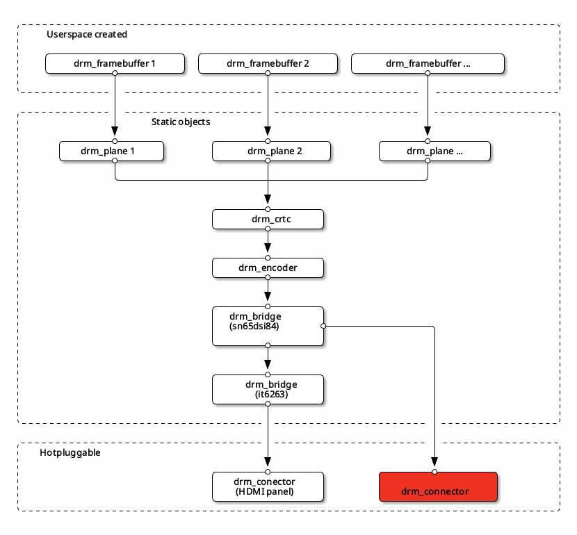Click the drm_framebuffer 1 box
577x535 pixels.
pos(115,63)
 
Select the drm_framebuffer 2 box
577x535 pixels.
pos(268,63)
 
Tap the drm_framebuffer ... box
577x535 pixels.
pos(428,63)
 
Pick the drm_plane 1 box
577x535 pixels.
pos(111,151)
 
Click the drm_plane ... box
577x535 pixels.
pos(434,151)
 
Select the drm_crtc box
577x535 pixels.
pos(268,220)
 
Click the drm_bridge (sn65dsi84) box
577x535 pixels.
pos(268,325)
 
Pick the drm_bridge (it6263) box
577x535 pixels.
pos(268,389)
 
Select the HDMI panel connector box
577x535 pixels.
pos(268,486)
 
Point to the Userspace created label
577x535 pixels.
pos(87,34)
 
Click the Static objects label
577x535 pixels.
pos(181,122)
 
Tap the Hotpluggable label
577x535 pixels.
pos(70,452)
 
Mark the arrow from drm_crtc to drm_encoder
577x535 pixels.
pos(268,243)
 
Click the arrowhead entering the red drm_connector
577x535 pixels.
pos(435,463)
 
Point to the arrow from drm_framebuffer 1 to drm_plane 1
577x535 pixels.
pos(115,104)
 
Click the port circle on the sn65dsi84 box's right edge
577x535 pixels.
pos(323,325)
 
